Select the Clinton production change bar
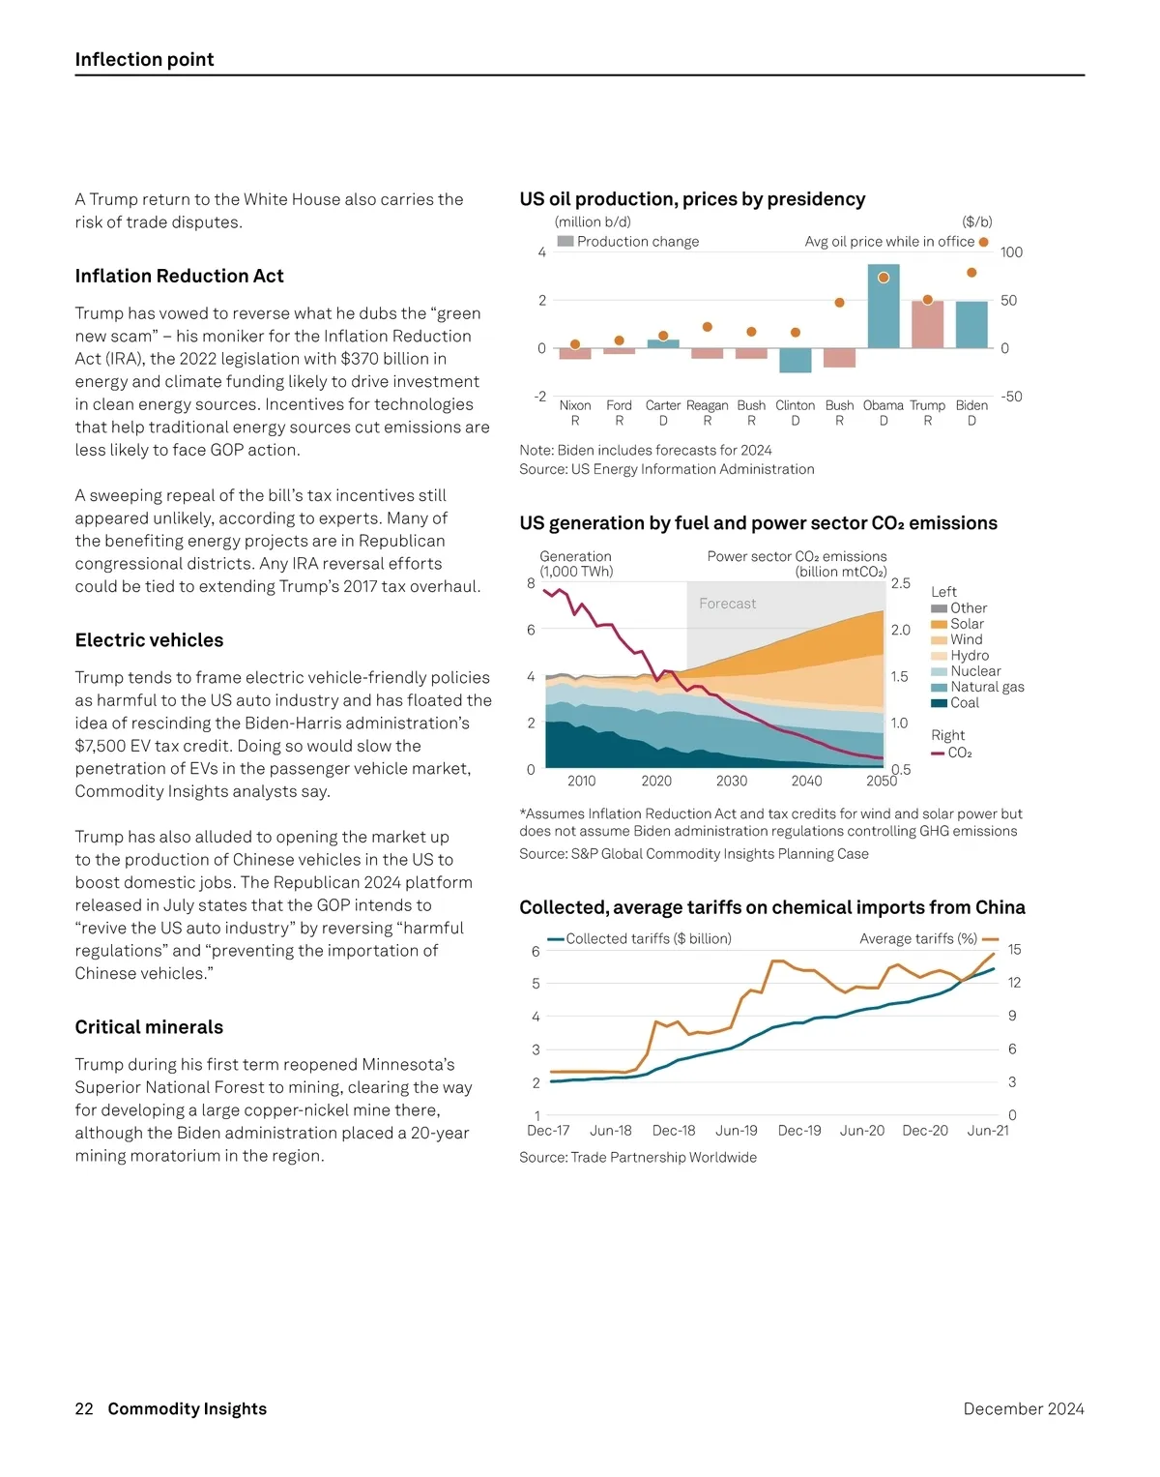click(796, 360)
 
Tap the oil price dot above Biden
click(971, 273)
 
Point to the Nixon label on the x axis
click(575, 405)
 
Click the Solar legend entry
click(967, 624)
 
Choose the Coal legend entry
click(964, 703)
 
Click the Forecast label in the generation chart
click(728, 604)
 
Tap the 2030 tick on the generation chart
click(732, 781)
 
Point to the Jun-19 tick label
click(737, 1130)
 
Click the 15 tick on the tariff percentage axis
click(1014, 950)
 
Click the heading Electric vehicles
click(150, 640)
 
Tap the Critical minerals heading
click(150, 1027)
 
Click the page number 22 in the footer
click(84, 1408)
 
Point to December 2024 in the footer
click(1024, 1408)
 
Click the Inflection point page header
click(145, 59)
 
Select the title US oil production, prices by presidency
click(692, 199)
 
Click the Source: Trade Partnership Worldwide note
click(638, 1157)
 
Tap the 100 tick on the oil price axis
click(1011, 252)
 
